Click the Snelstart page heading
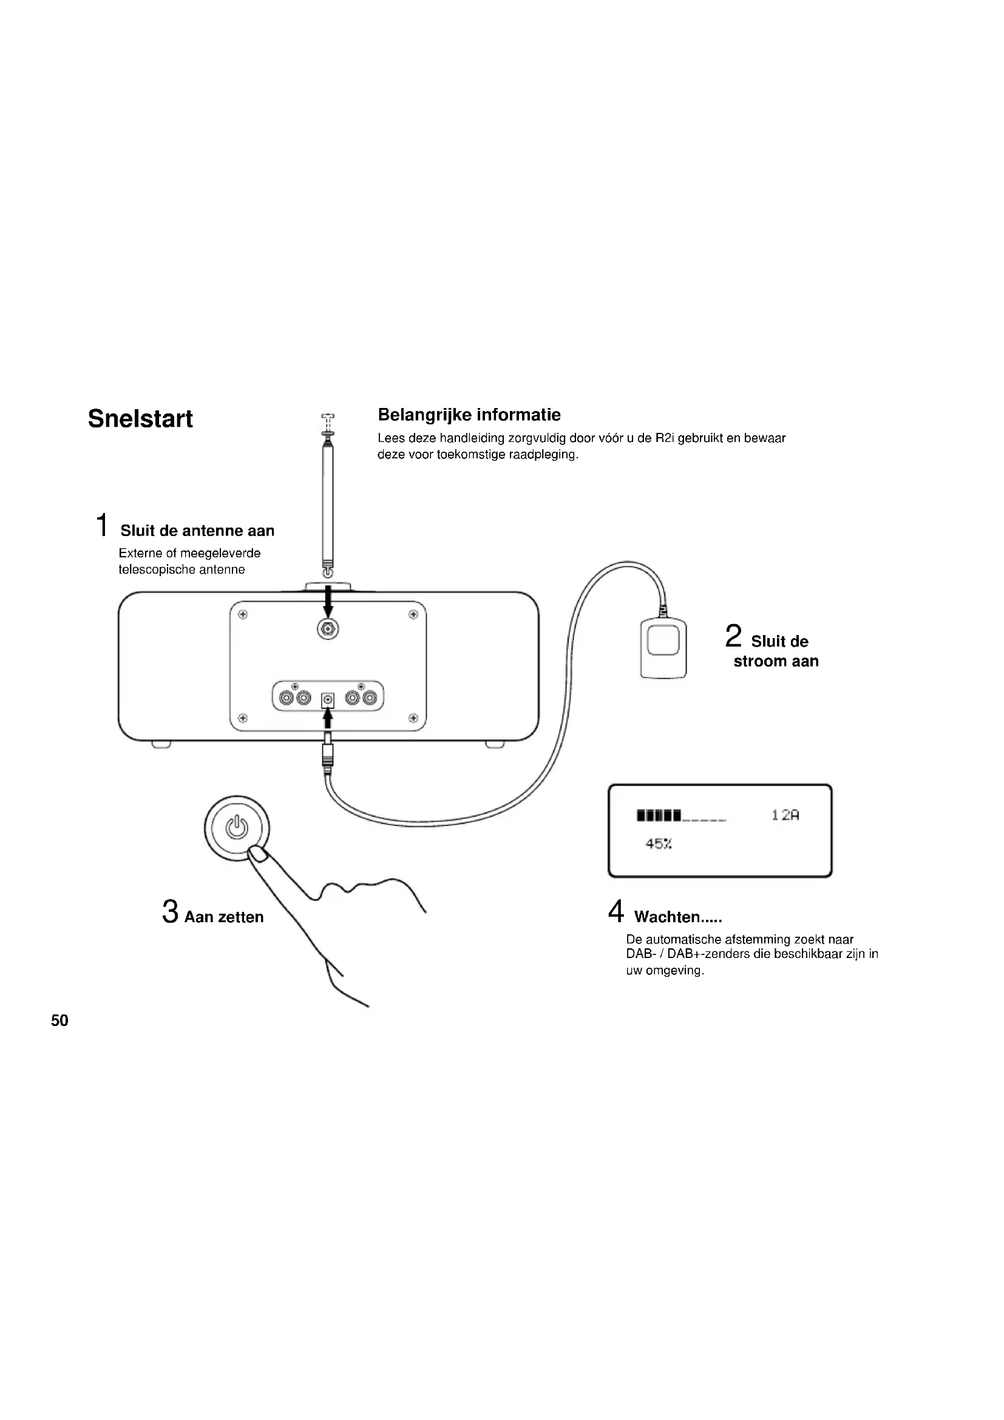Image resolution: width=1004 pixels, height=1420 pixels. (x=140, y=419)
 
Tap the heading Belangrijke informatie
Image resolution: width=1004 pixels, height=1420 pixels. (x=469, y=415)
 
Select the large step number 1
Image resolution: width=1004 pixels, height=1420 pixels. (x=103, y=525)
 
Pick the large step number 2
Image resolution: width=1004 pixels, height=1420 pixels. (x=733, y=636)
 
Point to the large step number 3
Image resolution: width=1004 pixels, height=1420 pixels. (x=170, y=912)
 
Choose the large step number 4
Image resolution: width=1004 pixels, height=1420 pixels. (x=616, y=911)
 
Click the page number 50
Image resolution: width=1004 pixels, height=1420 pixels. (x=59, y=1021)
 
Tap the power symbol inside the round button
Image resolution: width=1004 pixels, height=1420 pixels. (x=237, y=827)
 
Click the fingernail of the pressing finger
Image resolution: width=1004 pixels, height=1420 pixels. (x=257, y=855)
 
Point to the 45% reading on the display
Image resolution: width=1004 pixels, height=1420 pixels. (x=659, y=844)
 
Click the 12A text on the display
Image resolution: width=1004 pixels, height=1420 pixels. (x=785, y=815)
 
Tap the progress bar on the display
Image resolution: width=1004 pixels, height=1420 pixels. (x=680, y=816)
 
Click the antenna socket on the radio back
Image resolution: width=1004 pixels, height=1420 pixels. (x=328, y=630)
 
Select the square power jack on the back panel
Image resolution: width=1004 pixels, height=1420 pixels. (x=328, y=700)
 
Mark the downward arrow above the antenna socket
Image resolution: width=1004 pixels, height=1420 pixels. (x=328, y=600)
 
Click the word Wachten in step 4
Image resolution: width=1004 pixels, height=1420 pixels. (x=667, y=917)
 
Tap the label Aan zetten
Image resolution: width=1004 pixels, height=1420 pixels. (x=224, y=917)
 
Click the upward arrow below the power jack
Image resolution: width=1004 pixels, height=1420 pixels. (x=328, y=719)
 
